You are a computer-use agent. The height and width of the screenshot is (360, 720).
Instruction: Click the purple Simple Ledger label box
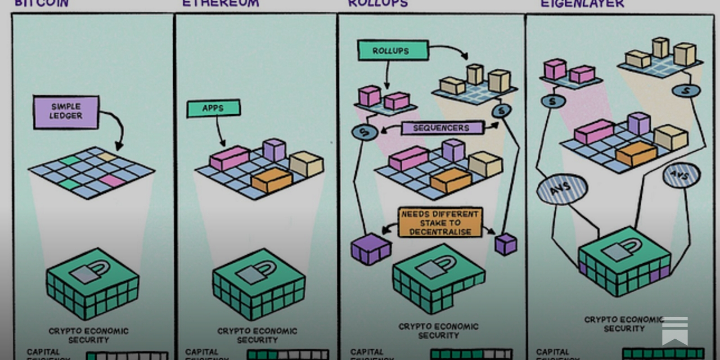[66, 112]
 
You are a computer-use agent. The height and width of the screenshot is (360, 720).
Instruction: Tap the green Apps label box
[213, 108]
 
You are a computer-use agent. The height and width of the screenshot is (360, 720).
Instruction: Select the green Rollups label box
[392, 51]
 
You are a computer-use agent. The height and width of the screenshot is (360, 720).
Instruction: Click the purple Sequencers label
[441, 128]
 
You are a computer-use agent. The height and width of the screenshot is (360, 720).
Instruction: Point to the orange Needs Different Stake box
[440, 223]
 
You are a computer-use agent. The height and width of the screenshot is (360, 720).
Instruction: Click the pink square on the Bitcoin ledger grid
[112, 180]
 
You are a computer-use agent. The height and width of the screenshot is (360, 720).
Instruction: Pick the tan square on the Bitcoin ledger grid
[107, 157]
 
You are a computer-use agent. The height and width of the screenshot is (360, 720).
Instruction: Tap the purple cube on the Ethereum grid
[274, 150]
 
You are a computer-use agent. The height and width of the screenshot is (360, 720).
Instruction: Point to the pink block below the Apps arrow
[229, 157]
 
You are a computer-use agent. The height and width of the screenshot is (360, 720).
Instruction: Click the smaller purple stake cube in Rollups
[506, 243]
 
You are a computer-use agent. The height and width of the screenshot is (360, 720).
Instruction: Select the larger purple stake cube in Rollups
[370, 248]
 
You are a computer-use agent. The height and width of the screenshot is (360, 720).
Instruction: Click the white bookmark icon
[675, 331]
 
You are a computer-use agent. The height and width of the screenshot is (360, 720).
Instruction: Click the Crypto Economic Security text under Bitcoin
[89, 335]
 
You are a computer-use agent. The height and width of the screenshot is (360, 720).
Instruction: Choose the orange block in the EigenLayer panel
[636, 153]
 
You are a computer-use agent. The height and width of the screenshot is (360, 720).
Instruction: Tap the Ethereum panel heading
[220, 4]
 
